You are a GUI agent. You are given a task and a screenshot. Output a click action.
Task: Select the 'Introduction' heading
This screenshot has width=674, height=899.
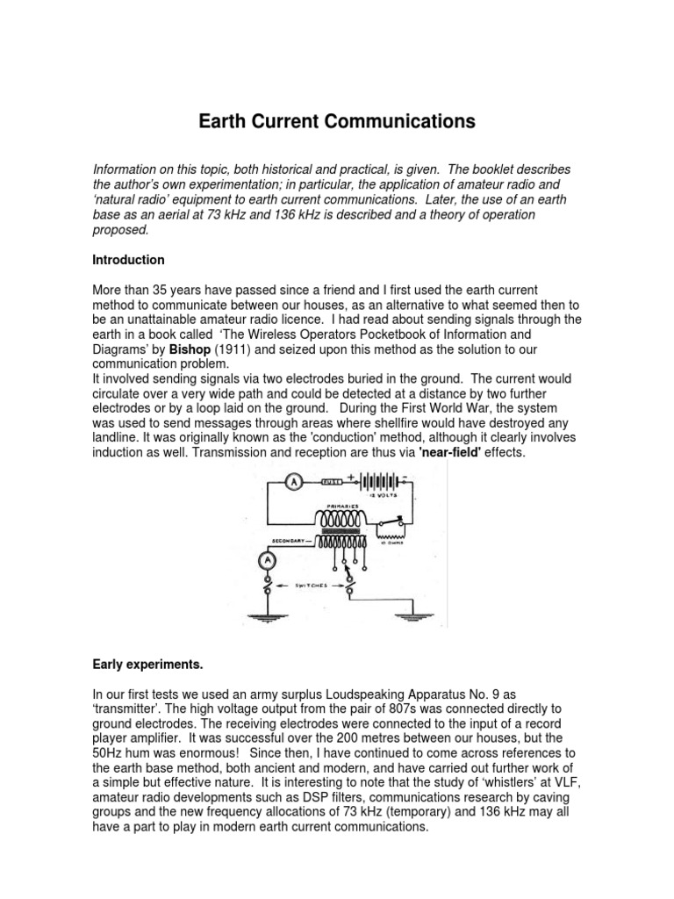[x=128, y=260]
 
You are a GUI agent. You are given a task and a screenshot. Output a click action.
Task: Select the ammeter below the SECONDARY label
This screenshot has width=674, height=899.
[x=262, y=559]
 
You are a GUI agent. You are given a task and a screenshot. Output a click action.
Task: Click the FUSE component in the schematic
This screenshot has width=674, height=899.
[x=331, y=482]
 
